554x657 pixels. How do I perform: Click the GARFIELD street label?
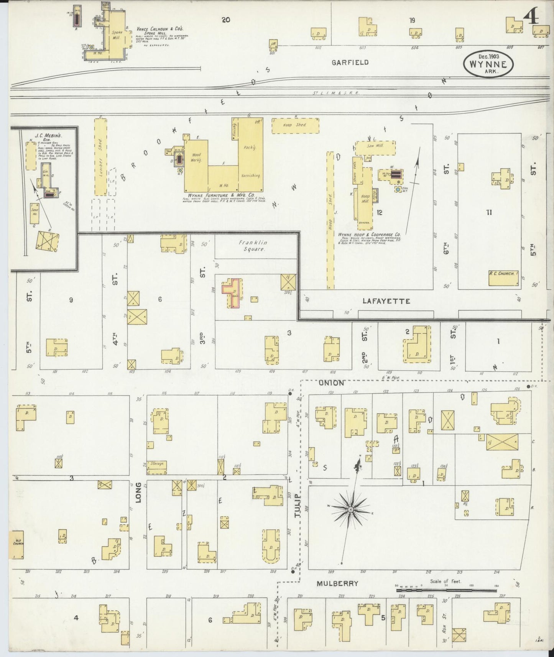[350, 62]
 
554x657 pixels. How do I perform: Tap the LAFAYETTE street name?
[386, 301]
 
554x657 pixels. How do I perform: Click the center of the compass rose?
[350, 509]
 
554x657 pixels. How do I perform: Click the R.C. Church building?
[503, 278]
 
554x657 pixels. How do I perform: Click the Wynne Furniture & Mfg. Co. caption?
[219, 195]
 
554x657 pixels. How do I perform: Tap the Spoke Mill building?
[117, 35]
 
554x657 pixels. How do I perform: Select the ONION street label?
[330, 383]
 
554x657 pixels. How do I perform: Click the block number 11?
[489, 213]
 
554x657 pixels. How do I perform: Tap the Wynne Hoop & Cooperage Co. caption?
[369, 234]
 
